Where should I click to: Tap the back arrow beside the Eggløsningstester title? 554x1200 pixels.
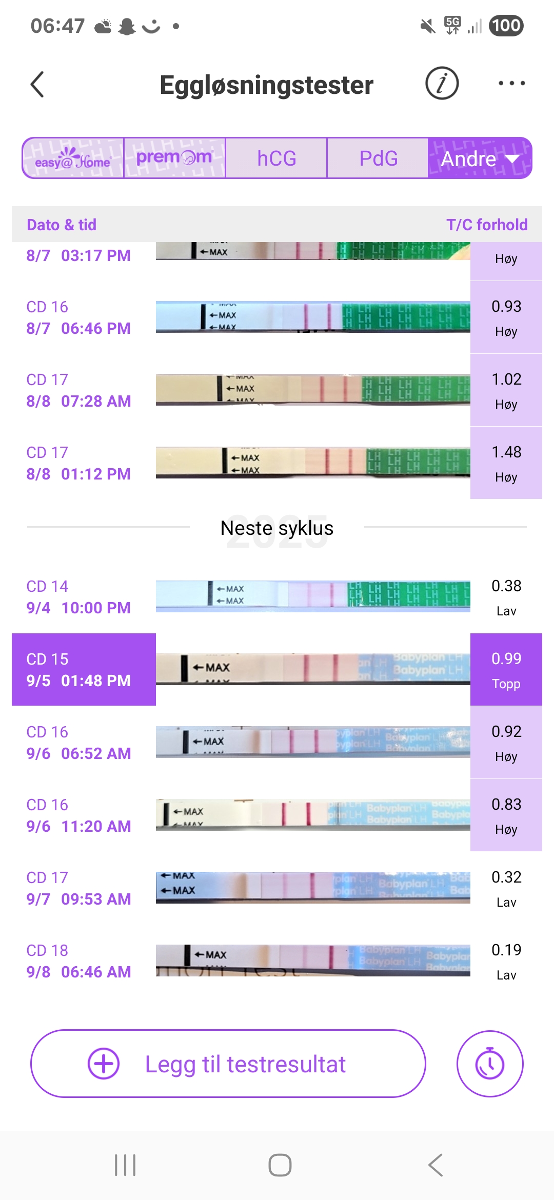click(x=37, y=84)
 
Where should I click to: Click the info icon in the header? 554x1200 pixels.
click(x=442, y=83)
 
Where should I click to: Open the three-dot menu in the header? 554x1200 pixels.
click(x=511, y=83)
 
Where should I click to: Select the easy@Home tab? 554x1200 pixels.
click(x=73, y=158)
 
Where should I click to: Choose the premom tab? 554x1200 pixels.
click(x=174, y=158)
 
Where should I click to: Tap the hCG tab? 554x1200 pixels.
click(x=276, y=158)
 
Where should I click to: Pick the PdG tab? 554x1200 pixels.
click(x=378, y=158)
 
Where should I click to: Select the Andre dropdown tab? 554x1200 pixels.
click(x=480, y=158)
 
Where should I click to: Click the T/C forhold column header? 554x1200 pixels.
click(x=486, y=225)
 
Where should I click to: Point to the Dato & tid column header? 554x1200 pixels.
click(x=62, y=225)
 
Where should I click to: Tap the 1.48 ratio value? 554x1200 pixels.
click(x=506, y=452)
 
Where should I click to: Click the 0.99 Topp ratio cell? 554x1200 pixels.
click(x=506, y=670)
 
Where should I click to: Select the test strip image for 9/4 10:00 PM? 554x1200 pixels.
click(x=313, y=596)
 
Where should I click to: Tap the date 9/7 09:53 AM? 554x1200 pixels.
click(x=78, y=899)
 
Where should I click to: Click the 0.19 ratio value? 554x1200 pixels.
click(x=506, y=950)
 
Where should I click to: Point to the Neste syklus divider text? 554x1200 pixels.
click(x=277, y=528)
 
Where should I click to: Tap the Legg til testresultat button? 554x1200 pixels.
click(x=228, y=1064)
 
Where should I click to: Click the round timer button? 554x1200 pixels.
click(x=490, y=1064)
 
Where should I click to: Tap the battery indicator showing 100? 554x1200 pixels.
click(x=506, y=26)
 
